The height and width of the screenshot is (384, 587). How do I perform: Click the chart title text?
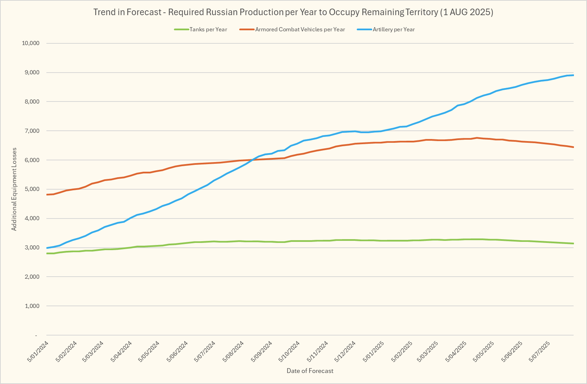point(293,12)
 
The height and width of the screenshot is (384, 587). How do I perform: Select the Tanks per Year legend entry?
point(208,30)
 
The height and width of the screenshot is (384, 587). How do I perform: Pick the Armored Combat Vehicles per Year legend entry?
point(300,30)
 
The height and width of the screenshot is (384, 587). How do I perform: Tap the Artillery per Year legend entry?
point(394,30)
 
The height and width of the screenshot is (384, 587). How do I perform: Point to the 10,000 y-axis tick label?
point(31,43)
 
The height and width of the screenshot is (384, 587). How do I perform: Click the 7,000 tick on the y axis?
point(32,131)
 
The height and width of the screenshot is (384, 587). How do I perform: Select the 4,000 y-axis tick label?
point(32,218)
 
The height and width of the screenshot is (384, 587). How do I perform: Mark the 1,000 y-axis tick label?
point(32,306)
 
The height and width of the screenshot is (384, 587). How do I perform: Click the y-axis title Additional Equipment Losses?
point(14,189)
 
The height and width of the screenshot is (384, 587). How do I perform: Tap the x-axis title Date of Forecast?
point(310,371)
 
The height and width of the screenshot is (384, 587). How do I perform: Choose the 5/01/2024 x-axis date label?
point(38,351)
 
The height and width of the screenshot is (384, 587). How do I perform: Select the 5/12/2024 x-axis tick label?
point(345,351)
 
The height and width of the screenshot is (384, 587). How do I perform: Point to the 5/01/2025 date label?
point(374,351)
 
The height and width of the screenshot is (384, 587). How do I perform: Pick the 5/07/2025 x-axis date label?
point(540,351)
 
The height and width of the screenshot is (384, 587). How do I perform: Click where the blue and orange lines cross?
point(254,159)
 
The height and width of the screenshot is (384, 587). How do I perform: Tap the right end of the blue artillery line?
point(573,75)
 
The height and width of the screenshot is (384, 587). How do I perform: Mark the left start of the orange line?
point(47,195)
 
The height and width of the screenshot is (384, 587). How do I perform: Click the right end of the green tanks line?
point(573,244)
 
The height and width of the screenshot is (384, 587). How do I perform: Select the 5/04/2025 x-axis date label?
point(456,351)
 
